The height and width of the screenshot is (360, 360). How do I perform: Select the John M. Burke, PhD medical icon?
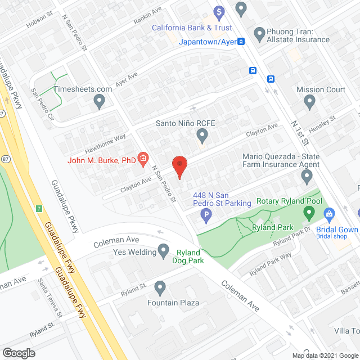tap(143, 160)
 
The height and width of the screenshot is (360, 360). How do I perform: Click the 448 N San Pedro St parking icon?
tap(206, 214)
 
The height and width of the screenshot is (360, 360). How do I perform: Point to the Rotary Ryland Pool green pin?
tap(308, 213)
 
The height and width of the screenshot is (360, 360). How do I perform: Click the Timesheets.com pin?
tap(100, 102)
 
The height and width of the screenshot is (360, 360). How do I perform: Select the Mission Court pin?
tap(309, 102)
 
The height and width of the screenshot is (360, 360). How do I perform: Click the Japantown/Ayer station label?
tap(208, 41)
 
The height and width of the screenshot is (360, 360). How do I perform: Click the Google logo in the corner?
tap(19, 353)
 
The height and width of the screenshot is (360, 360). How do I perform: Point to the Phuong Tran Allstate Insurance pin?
tap(259, 34)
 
